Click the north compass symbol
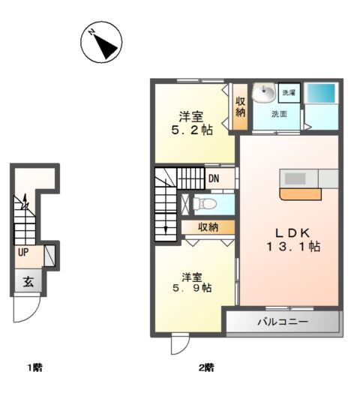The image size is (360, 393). [101, 42]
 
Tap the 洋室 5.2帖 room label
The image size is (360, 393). [192, 123]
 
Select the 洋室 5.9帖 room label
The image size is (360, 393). [192, 283]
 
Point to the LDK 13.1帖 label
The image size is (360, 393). [292, 240]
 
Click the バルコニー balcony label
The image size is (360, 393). [283, 321]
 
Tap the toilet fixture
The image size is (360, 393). [205, 204]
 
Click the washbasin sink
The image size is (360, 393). [264, 92]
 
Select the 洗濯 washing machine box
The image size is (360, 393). [289, 93]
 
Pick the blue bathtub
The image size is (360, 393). [321, 93]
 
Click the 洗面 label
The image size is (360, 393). [279, 114]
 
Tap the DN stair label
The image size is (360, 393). [214, 178]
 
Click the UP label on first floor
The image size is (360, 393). [23, 253]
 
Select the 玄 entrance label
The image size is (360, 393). [28, 282]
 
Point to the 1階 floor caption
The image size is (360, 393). [34, 367]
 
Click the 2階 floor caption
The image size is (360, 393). [206, 367]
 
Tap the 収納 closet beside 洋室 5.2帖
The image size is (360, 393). [241, 106]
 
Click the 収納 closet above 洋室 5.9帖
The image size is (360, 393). [208, 227]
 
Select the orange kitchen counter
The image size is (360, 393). [301, 194]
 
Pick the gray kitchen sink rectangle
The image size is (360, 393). [295, 178]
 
